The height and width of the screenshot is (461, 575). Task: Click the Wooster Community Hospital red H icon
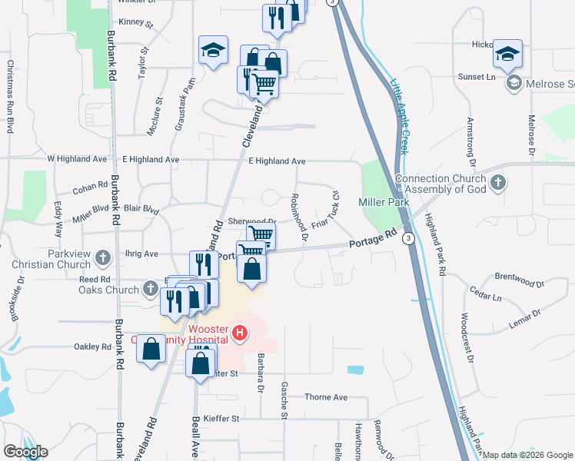240,333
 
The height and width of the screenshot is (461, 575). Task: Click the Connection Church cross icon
498,183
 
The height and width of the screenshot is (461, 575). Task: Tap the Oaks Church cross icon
151,289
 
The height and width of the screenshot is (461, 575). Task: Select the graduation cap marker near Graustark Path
213,51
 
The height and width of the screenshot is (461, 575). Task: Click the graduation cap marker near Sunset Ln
507,54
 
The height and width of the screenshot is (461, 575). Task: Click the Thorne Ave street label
326,397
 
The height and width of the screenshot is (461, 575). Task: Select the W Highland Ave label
75,159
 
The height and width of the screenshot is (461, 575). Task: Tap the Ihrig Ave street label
141,254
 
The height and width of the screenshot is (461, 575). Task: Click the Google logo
25,451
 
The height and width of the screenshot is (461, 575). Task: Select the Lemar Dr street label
526,318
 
